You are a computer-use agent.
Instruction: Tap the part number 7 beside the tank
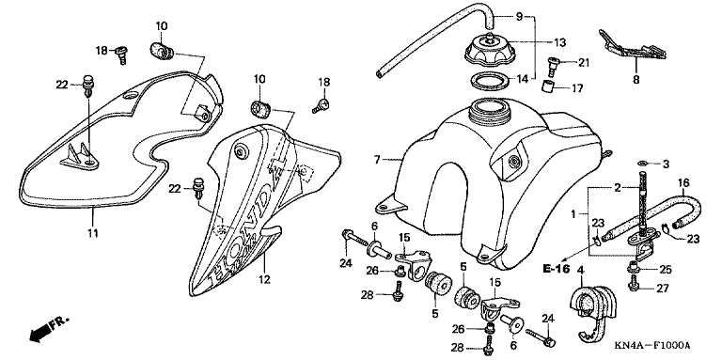(x=377, y=160)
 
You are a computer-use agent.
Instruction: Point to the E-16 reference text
(x=556, y=269)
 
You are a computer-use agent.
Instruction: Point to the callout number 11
(x=93, y=233)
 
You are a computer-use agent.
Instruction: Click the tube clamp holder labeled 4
(x=590, y=311)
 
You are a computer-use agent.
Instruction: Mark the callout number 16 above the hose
(x=683, y=182)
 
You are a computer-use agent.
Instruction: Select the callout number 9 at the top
(x=519, y=18)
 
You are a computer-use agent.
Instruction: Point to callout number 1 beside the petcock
(x=573, y=213)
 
